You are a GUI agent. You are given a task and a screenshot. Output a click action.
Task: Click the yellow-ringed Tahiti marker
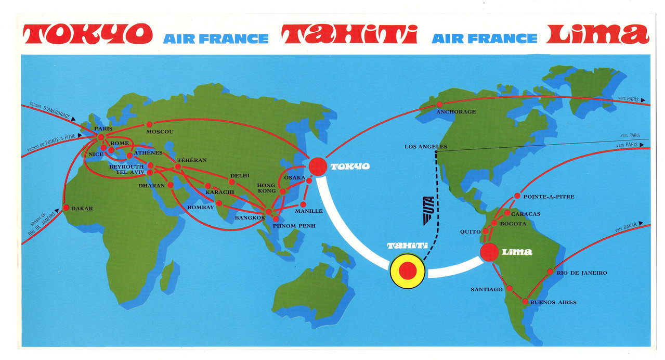tap(407, 271)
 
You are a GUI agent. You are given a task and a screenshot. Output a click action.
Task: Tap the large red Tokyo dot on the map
tap(318, 166)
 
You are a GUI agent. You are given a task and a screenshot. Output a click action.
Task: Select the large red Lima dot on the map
tap(489, 252)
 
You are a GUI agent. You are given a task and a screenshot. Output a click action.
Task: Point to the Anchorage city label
tap(456, 112)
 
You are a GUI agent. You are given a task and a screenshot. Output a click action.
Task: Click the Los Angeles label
tap(425, 147)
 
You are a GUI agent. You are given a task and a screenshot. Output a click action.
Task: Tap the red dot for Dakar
tap(66, 208)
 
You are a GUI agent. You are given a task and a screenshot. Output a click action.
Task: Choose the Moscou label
tap(160, 132)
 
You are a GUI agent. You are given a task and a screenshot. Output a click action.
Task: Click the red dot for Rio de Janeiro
tap(550, 272)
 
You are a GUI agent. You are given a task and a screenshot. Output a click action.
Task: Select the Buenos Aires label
tap(553, 302)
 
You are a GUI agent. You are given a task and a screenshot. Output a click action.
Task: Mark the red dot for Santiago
tap(510, 288)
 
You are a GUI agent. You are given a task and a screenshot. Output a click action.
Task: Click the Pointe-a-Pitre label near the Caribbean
tap(548, 197)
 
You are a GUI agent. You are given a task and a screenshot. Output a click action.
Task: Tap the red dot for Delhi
tap(232, 182)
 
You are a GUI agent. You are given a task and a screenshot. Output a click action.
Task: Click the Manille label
tap(309, 211)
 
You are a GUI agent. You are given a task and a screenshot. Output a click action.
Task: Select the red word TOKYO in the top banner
tap(88, 34)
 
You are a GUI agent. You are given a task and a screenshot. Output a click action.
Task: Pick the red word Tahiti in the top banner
tap(349, 34)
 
